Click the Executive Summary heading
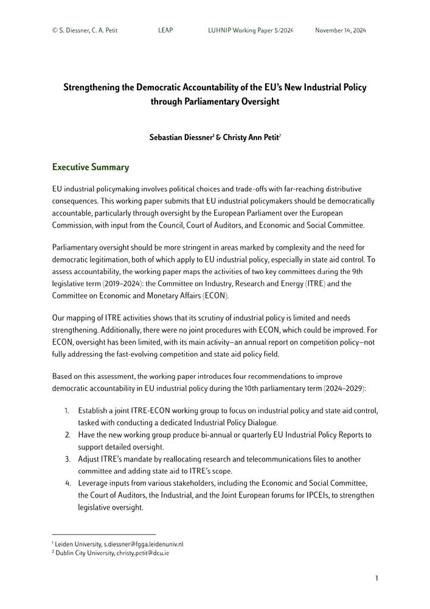click(x=91, y=167)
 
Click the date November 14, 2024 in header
click(x=341, y=30)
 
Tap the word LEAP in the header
click(x=165, y=30)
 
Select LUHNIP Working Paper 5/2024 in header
click(x=246, y=30)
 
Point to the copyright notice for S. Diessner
click(x=85, y=30)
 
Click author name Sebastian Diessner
click(x=181, y=138)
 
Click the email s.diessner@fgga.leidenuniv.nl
click(x=144, y=543)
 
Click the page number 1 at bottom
click(x=376, y=578)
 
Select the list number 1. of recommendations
click(x=68, y=411)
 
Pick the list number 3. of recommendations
click(x=68, y=459)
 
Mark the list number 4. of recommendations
click(x=68, y=483)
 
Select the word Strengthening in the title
click(x=91, y=87)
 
